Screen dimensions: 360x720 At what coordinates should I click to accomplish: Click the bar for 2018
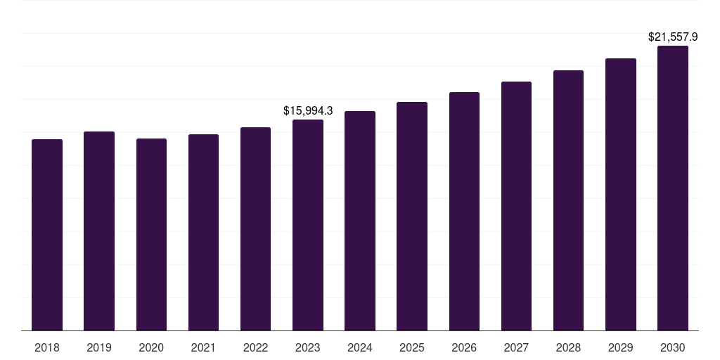[x=47, y=235]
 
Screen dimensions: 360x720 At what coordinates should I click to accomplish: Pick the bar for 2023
[x=308, y=225]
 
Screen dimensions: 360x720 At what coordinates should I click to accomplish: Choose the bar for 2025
[x=412, y=216]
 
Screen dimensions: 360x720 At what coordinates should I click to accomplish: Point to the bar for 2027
[x=516, y=206]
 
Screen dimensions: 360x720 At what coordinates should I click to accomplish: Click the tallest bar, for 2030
[x=673, y=188]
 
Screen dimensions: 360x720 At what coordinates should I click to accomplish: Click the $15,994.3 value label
[x=308, y=110]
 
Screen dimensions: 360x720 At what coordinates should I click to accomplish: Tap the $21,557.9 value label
[x=673, y=37]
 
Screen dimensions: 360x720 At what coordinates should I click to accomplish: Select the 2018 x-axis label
[x=47, y=347]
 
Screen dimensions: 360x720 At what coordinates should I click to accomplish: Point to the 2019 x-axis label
[x=99, y=347]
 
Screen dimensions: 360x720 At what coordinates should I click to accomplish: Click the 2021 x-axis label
[x=203, y=347]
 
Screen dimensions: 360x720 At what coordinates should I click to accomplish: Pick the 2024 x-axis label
[x=360, y=347]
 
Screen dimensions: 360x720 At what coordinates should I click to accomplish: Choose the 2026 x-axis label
[x=464, y=347]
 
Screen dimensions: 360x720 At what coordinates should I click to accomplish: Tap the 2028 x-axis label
[x=568, y=347]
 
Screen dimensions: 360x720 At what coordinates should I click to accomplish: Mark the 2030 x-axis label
[x=673, y=347]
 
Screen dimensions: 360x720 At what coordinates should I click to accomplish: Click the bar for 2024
[x=360, y=221]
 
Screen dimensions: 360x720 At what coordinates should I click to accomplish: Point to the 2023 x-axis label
[x=308, y=347]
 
